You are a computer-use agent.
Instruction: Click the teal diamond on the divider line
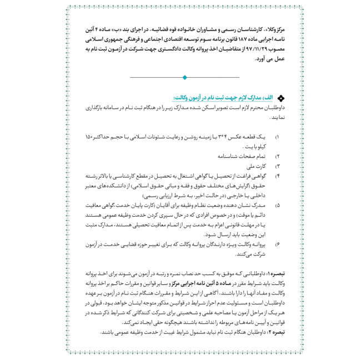click(184, 77)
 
